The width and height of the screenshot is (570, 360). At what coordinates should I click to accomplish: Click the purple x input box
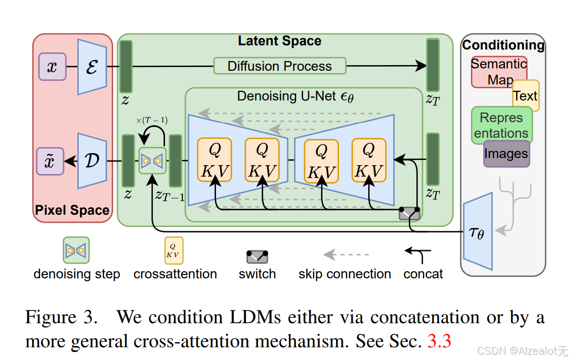52,67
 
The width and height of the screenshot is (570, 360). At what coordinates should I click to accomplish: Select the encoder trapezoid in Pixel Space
93,67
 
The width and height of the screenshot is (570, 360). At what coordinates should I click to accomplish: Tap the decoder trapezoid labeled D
92,161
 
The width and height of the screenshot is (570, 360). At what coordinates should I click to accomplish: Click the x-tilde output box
50,161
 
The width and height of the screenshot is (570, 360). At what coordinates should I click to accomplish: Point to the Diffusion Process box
280,66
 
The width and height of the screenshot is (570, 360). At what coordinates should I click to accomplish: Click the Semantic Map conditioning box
498,71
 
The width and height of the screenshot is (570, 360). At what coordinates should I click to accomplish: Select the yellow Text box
526,96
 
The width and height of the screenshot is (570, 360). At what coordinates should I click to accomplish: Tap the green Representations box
501,125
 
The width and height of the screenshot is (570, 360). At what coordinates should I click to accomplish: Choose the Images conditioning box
506,154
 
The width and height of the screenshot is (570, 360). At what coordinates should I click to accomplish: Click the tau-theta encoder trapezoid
478,231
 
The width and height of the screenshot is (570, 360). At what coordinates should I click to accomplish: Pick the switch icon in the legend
257,257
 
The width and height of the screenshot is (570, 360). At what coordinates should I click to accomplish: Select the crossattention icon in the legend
173,250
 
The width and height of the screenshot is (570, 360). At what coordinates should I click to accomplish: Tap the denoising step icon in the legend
76,250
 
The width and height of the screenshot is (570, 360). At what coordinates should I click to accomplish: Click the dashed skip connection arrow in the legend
346,255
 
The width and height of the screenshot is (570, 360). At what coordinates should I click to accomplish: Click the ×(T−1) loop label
152,120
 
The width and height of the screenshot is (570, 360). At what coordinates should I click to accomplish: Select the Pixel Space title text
72,210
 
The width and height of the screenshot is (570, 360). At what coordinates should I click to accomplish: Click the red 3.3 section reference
439,340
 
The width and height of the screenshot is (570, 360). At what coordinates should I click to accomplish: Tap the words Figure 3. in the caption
61,317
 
